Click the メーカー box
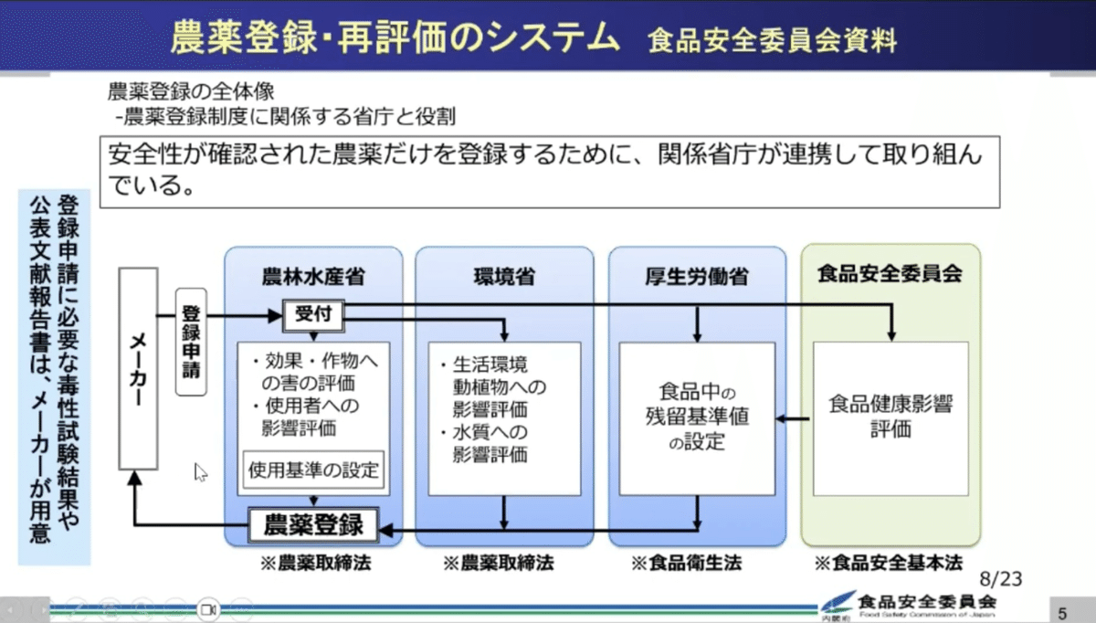tap(138, 369)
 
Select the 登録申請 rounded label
tap(191, 342)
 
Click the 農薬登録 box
tap(313, 525)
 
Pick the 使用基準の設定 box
tap(313, 471)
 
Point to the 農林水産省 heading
tap(313, 276)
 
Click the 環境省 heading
tap(504, 276)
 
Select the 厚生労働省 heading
tap(697, 276)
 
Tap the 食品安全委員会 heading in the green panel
tap(890, 273)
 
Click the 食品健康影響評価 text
tap(890, 417)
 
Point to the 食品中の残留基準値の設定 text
tap(696, 417)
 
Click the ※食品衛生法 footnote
tap(687, 563)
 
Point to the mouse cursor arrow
tap(200, 471)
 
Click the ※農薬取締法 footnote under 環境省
tap(499, 563)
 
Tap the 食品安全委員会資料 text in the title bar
tap(772, 40)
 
